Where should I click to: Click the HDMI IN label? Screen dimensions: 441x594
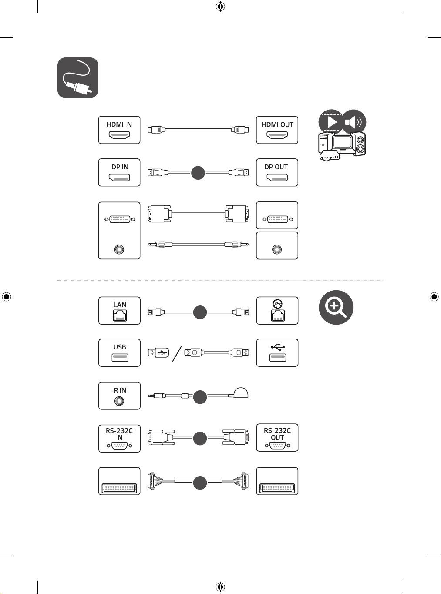click(119, 124)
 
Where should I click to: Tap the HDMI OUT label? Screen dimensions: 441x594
click(277, 124)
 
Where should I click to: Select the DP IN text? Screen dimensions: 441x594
click(120, 167)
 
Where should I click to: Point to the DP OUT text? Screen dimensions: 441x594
click(276, 167)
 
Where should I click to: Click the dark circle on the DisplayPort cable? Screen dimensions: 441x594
click(198, 173)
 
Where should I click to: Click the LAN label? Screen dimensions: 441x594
click(120, 305)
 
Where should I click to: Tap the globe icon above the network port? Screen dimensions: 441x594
click(277, 304)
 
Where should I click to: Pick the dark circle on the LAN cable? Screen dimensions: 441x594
click(200, 312)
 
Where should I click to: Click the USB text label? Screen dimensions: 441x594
click(120, 347)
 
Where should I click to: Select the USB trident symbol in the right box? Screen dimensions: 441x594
click(278, 347)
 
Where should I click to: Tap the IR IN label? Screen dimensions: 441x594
click(119, 390)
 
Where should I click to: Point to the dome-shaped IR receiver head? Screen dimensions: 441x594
click(241, 393)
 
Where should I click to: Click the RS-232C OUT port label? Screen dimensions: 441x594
click(277, 434)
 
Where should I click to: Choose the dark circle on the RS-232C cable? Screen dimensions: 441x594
click(200, 438)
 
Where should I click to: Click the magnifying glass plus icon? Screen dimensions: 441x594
click(336, 307)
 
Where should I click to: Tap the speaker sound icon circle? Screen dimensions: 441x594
click(354, 122)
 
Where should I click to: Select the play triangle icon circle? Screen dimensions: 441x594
click(331, 122)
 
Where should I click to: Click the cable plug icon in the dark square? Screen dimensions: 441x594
click(77, 77)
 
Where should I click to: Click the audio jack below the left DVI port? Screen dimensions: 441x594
click(119, 249)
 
